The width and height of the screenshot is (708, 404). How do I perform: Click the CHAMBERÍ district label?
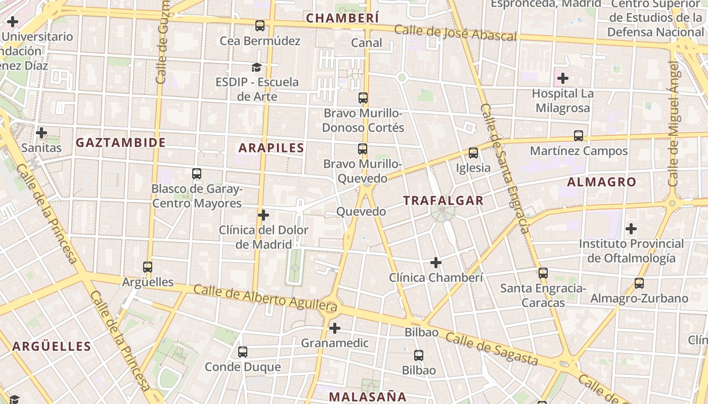pyautogui.click(x=342, y=18)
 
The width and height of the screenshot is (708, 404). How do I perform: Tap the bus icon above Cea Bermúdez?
pyautogui.click(x=260, y=25)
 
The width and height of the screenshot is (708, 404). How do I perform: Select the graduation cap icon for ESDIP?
pyautogui.click(x=257, y=67)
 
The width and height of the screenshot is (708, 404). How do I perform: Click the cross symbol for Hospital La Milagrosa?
pyautogui.click(x=562, y=78)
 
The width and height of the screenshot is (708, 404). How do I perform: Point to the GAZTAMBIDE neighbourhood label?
pyautogui.click(x=121, y=142)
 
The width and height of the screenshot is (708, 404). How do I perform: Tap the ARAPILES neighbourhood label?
pyautogui.click(x=271, y=148)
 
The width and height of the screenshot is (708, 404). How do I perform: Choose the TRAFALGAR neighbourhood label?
pyautogui.click(x=443, y=200)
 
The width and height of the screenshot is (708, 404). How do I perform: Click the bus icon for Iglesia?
pyautogui.click(x=473, y=153)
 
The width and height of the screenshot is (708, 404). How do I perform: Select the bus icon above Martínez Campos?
pyautogui.click(x=579, y=135)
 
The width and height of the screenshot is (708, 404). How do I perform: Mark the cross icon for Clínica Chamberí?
pyautogui.click(x=436, y=263)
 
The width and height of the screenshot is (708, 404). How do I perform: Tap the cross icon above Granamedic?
pyautogui.click(x=334, y=328)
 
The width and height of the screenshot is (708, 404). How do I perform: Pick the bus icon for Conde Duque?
pyautogui.click(x=243, y=351)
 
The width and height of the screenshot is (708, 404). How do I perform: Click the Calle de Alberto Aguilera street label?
pyautogui.click(x=265, y=297)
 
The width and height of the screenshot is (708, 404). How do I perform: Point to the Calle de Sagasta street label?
pyautogui.click(x=492, y=348)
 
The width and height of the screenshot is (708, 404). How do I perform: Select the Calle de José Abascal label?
pyautogui.click(x=455, y=33)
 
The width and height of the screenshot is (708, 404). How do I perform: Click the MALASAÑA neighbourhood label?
pyautogui.click(x=368, y=396)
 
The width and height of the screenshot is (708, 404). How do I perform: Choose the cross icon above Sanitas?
pyautogui.click(x=41, y=133)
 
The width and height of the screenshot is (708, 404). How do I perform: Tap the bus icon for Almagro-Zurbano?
pyautogui.click(x=639, y=283)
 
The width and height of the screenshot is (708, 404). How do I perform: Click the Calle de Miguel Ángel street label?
pyautogui.click(x=673, y=124)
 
